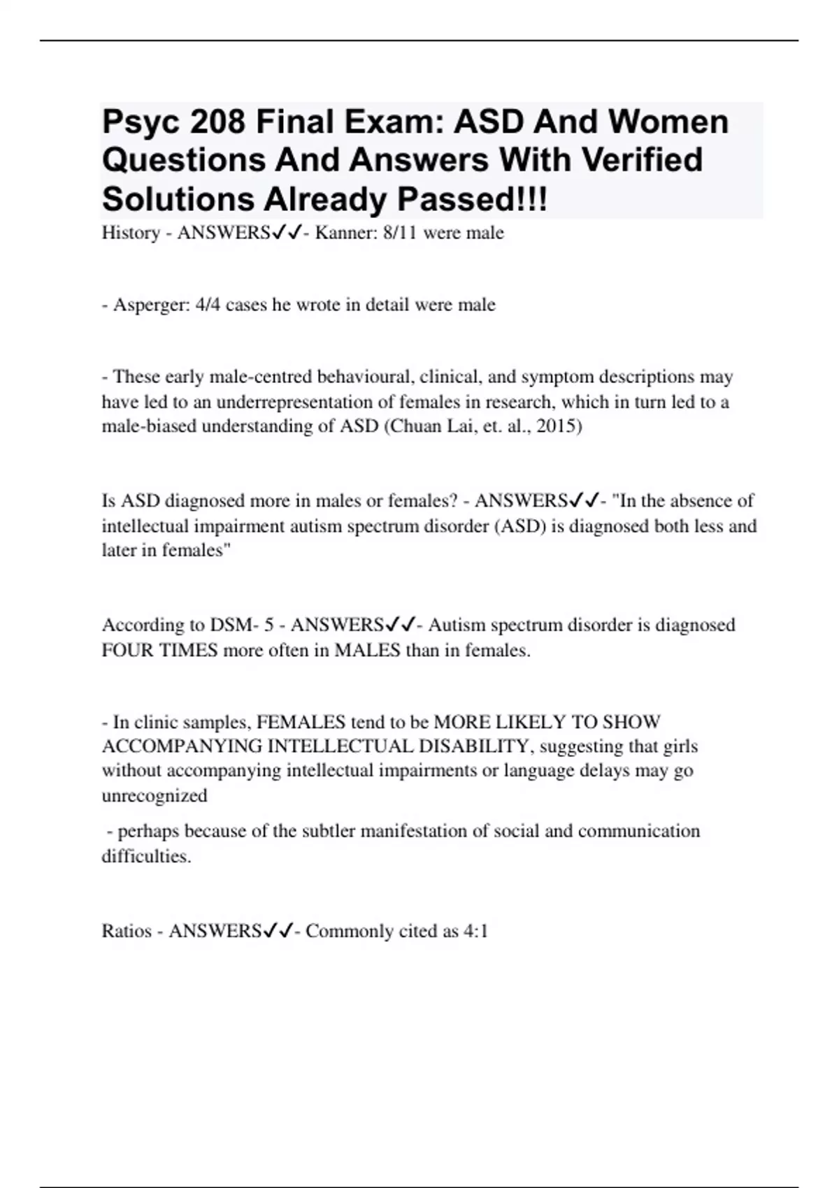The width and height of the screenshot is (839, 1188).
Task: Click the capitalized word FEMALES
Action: (x=301, y=722)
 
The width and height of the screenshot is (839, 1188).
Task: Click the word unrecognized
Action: (x=155, y=796)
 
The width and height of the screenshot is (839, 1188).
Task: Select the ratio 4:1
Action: (x=475, y=932)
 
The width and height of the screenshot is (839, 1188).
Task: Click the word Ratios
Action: (x=127, y=932)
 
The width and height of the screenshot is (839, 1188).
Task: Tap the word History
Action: (x=131, y=233)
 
